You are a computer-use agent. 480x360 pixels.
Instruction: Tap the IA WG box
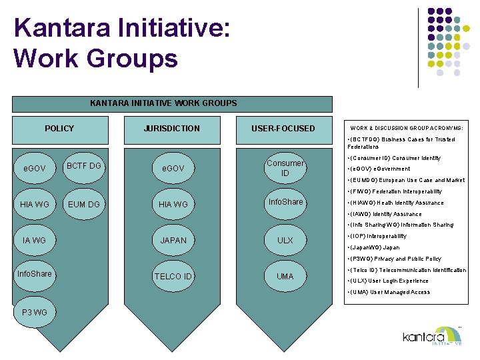[34, 240]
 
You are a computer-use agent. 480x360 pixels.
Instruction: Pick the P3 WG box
[34, 312]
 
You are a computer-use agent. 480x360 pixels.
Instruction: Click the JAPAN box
[173, 240]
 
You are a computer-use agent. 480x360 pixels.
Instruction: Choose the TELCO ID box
[173, 276]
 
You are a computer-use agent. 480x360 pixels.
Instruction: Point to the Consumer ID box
[285, 168]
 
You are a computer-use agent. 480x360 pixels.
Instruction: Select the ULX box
[285, 240]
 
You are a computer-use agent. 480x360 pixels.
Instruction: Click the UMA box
[285, 276]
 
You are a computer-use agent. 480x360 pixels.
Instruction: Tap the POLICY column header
[59, 128]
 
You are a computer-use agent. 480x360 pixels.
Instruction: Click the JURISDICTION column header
[172, 128]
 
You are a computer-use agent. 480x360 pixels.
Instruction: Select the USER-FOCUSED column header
[283, 128]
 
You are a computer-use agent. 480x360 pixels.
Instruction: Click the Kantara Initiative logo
[433, 336]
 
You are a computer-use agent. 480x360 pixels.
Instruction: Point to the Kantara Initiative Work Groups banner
[163, 103]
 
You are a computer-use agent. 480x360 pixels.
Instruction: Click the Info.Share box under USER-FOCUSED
[285, 202]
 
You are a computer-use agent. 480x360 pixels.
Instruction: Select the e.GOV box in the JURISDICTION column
[173, 169]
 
